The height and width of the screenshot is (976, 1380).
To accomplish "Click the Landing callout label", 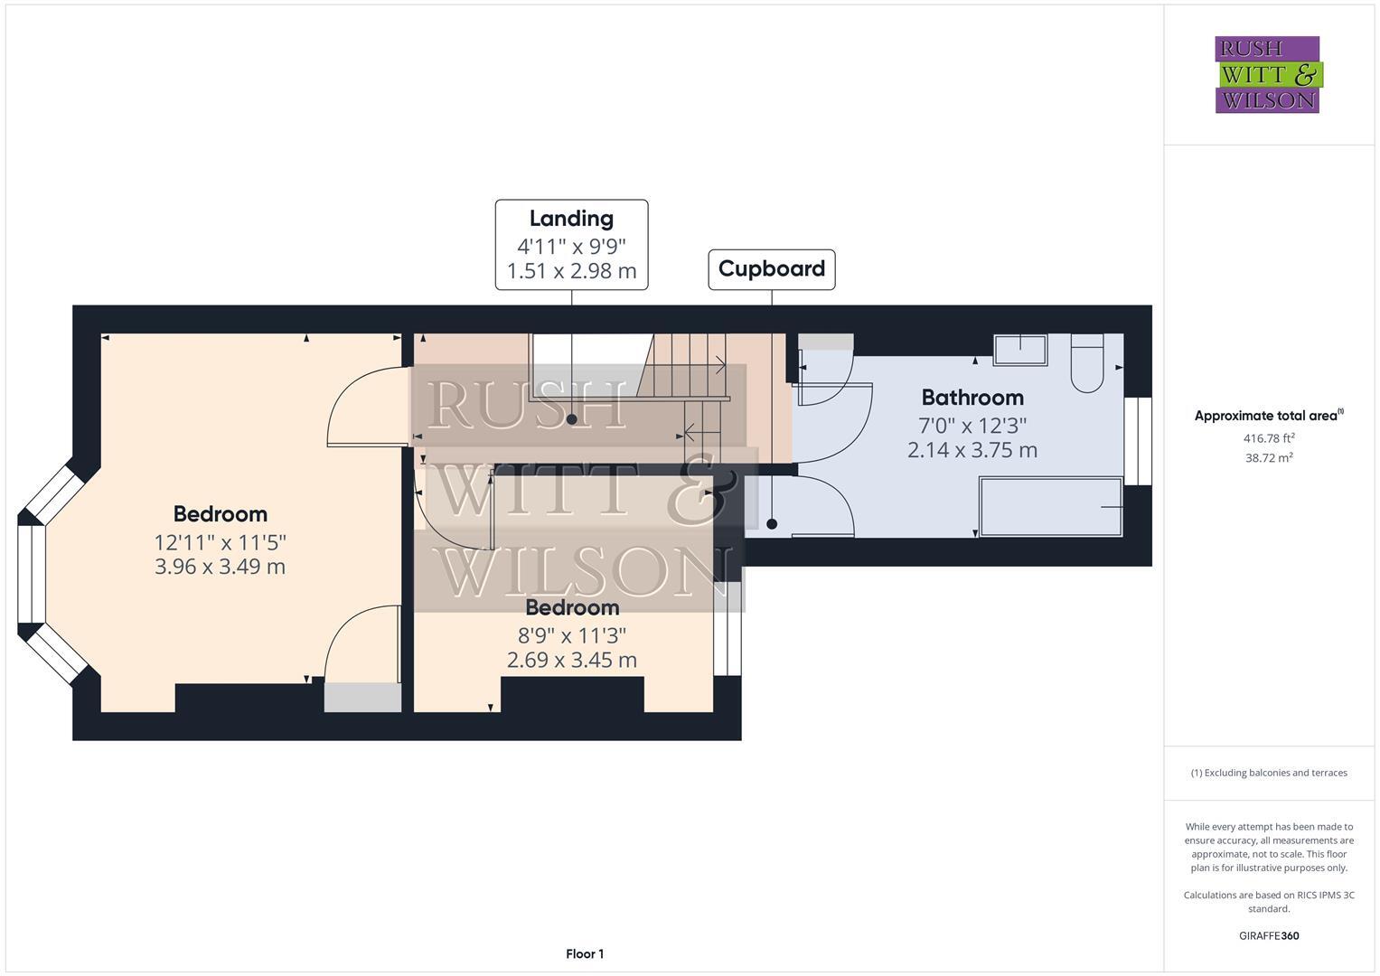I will [571, 219].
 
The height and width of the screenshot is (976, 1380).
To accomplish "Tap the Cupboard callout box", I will [771, 269].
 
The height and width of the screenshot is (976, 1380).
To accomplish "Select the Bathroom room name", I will [972, 398].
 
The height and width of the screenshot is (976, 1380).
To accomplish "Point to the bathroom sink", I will [1020, 350].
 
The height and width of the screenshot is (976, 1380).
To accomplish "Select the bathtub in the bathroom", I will [1051, 507].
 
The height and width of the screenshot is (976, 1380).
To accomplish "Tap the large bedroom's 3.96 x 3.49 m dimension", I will [221, 567].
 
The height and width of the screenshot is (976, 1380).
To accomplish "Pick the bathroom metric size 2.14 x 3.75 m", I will [972, 450].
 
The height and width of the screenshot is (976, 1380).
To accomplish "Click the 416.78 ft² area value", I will [1269, 438].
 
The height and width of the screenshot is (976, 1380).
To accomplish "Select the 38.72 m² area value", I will [1269, 458].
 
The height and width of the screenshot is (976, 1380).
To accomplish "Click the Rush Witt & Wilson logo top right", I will [1268, 74].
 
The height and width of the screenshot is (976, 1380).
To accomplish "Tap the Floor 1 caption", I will [585, 953].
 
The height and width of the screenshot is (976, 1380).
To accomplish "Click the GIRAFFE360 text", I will [1269, 935].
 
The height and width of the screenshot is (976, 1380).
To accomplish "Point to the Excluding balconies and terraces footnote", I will [1269, 773].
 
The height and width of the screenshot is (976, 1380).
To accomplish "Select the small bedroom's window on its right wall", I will [728, 629].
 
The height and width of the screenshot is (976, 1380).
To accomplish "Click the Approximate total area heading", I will [1269, 416].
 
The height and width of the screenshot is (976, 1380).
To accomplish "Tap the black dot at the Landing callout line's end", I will [571, 419].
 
